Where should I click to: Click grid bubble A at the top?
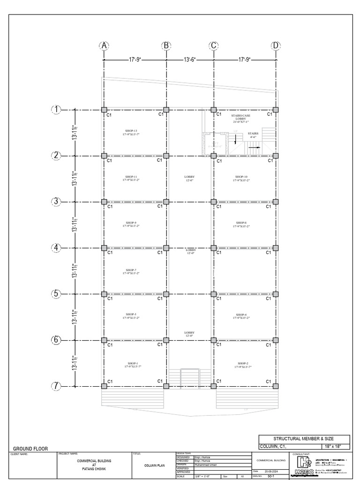pos(104,45)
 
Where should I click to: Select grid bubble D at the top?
pos(276,45)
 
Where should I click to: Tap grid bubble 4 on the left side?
pos(56,247)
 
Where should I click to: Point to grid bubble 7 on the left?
pos(56,386)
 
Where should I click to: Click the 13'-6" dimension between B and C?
pos(189,60)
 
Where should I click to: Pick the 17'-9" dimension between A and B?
pos(135,60)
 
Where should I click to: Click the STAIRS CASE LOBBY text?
pos(241,117)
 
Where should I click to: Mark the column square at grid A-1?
pos(104,110)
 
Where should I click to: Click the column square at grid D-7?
pos(276,386)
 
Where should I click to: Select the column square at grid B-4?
pos(166,247)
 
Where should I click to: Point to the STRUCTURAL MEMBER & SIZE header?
pos(304,438)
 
